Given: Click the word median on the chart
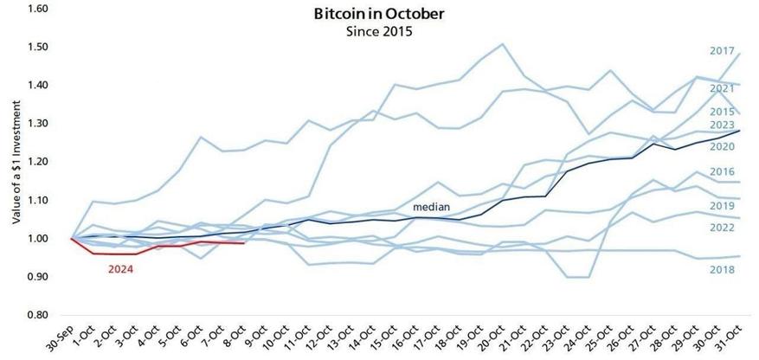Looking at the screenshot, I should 430,208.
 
